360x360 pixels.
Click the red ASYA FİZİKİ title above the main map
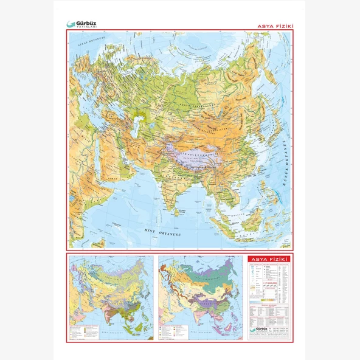tap(277, 26)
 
